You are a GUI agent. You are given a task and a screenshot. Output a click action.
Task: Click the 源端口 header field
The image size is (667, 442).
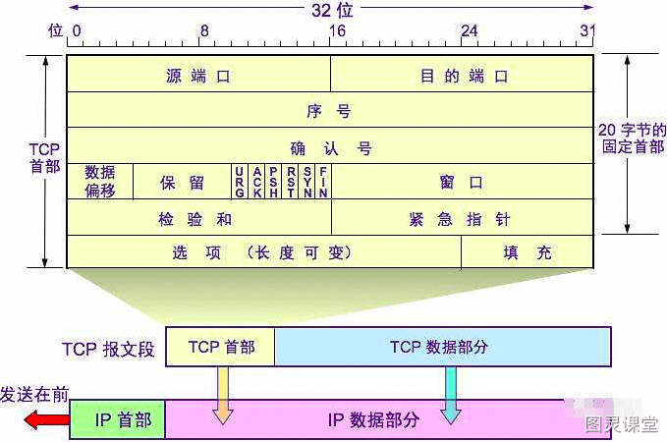(x=198, y=74)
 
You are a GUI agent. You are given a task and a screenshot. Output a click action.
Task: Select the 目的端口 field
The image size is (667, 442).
(x=462, y=74)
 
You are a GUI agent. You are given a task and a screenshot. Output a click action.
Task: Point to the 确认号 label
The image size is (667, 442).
(x=331, y=148)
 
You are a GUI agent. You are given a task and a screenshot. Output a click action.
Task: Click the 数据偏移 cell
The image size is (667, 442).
(x=100, y=182)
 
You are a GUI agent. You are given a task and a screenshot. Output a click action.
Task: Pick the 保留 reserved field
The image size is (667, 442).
(x=182, y=182)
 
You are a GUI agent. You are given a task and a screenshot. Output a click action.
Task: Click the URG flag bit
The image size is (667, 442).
(x=240, y=182)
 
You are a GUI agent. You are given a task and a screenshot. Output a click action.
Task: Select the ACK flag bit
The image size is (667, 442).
(x=257, y=182)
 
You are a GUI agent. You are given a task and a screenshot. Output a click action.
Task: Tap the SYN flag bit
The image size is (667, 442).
(x=307, y=182)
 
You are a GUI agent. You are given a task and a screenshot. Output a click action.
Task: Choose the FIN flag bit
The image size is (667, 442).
(x=323, y=182)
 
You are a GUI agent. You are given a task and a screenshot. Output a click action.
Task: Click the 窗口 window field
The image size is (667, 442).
(x=463, y=182)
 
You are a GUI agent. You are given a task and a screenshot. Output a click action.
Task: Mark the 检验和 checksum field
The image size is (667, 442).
(x=199, y=217)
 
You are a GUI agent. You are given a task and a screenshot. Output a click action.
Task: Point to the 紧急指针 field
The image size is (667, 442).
(x=463, y=217)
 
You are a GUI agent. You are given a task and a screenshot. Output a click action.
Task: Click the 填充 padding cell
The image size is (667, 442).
(x=528, y=251)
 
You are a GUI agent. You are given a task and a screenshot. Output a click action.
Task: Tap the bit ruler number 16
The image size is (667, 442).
(x=337, y=30)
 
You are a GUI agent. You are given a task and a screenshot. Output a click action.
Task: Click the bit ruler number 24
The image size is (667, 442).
(x=469, y=30)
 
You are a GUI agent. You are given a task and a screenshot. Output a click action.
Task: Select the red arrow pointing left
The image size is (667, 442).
(x=47, y=419)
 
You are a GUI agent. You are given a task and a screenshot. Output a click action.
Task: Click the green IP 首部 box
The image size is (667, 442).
(x=118, y=419)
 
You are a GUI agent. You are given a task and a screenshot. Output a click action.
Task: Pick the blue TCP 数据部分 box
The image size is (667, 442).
(x=443, y=347)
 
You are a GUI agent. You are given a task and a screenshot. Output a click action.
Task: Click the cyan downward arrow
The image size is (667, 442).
(x=451, y=395)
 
